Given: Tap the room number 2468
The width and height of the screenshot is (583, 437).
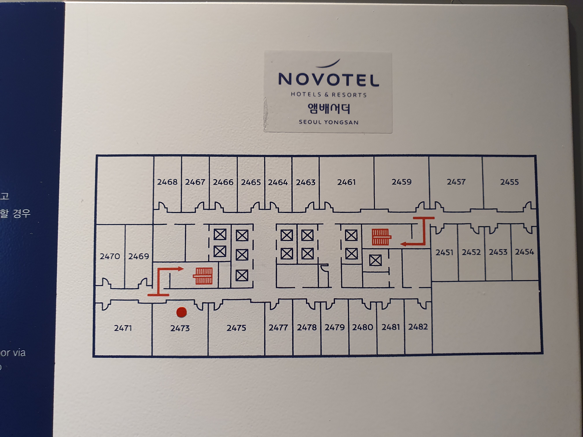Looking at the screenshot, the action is pyautogui.click(x=167, y=182).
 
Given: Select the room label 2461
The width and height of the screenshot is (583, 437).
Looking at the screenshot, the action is pyautogui.click(x=346, y=182).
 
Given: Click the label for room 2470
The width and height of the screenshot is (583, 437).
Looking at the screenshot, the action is pyautogui.click(x=110, y=256).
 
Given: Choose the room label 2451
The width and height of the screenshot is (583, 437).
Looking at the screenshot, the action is pyautogui.click(x=444, y=252).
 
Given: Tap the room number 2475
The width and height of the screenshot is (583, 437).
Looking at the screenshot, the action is pyautogui.click(x=236, y=328).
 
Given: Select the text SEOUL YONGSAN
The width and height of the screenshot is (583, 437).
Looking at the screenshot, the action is pyautogui.click(x=328, y=122).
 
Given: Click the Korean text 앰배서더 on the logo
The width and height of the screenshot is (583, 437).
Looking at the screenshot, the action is pyautogui.click(x=328, y=108).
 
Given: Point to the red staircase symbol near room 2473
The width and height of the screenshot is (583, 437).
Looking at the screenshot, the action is pyautogui.click(x=203, y=276).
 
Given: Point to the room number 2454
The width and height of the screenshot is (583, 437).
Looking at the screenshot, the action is pyautogui.click(x=524, y=252).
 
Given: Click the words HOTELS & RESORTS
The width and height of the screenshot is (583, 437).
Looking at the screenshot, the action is pyautogui.click(x=328, y=95).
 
